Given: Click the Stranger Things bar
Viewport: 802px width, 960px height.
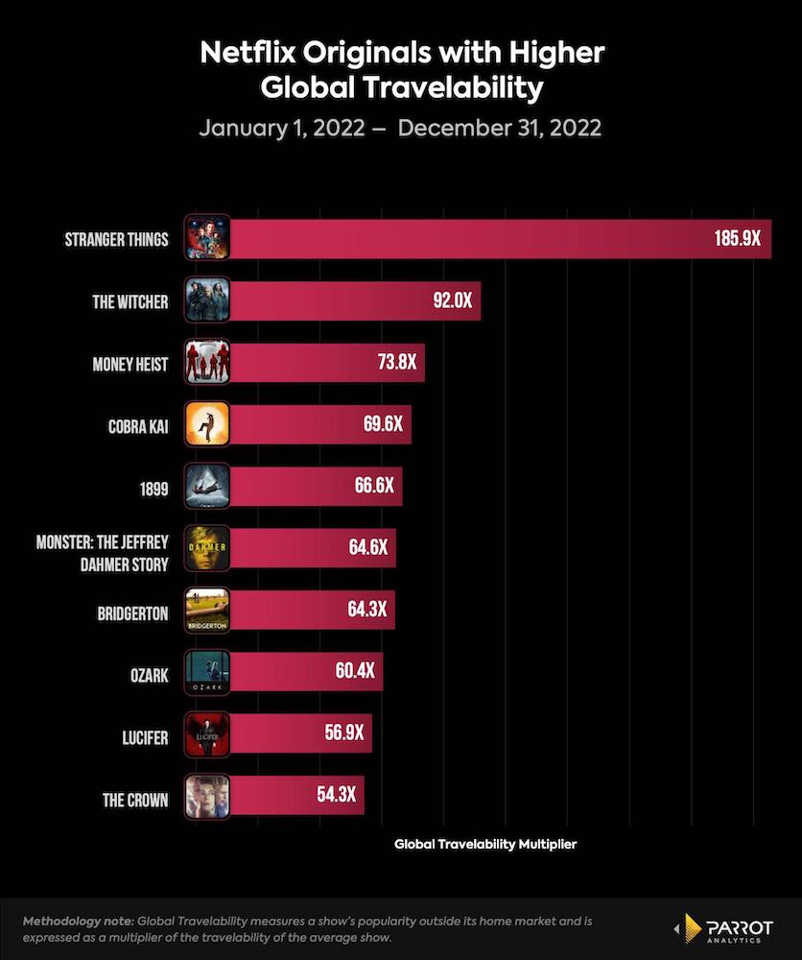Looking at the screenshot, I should tap(480, 239).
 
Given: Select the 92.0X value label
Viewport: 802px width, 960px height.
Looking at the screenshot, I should tap(452, 301).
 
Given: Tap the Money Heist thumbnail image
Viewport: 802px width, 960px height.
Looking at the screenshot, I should tap(206, 363).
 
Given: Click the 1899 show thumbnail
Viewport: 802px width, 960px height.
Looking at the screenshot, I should tap(206, 487).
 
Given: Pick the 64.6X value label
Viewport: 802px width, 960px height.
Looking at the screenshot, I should tap(367, 548).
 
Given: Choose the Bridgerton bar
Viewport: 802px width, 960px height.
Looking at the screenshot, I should tap(307, 611).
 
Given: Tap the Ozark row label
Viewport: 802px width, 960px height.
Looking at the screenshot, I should tap(148, 676).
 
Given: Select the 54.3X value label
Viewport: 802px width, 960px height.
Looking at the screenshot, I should tap(336, 796).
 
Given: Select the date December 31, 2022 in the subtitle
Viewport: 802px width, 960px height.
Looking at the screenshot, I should tap(499, 128).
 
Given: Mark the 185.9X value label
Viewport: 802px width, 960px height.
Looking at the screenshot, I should tap(737, 239).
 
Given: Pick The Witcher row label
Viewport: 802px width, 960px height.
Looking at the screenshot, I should tap(130, 302).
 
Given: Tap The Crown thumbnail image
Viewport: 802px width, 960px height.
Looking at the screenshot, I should tap(206, 796).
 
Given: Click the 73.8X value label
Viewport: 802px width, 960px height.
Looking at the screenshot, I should tap(396, 363).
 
